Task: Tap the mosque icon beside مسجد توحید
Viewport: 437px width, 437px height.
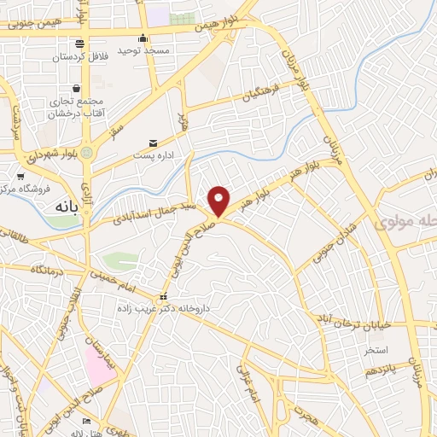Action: [x=143, y=38]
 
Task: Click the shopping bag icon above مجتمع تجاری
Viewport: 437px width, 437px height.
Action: [x=77, y=88]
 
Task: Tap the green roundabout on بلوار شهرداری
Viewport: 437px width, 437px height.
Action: [x=88, y=153]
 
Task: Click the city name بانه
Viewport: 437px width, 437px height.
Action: [x=67, y=207]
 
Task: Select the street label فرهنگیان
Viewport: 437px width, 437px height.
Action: [x=261, y=96]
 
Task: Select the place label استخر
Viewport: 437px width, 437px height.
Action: [x=376, y=350]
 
